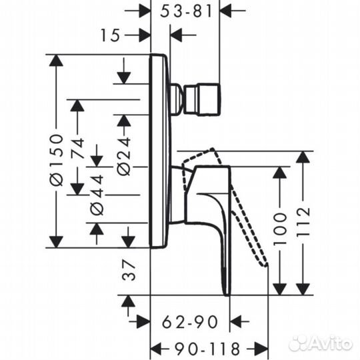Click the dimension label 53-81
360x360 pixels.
click(x=186, y=11)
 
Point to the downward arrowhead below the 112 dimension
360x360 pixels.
click(x=303, y=288)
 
